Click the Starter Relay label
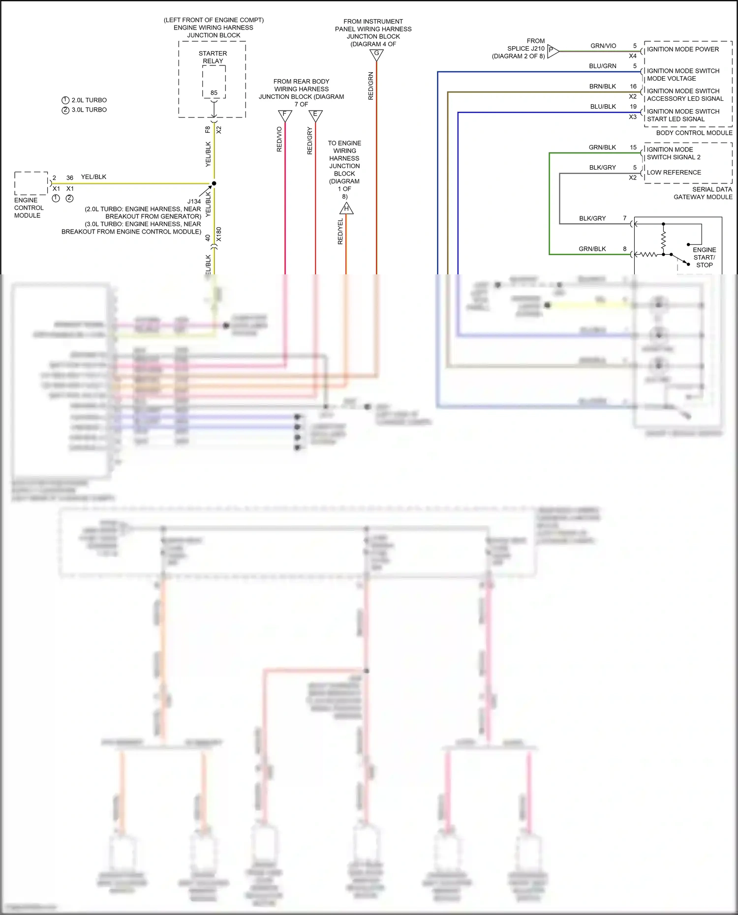coord(213,57)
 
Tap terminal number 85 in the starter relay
coord(214,92)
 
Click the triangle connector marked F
coord(285,115)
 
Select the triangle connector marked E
coord(315,115)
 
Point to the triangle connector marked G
coord(376,55)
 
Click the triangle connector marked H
coord(346,209)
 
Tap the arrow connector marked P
coord(552,51)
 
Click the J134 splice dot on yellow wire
coord(214,183)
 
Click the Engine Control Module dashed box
coord(31,183)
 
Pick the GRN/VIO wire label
coord(603,46)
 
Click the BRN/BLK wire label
coord(603,87)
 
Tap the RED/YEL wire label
coord(340,231)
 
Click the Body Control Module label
coord(694,133)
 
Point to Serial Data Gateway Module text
coord(703,193)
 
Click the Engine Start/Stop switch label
coord(704,257)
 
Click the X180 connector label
coord(219,234)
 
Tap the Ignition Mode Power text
coord(682,49)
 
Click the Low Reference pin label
coord(674,173)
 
